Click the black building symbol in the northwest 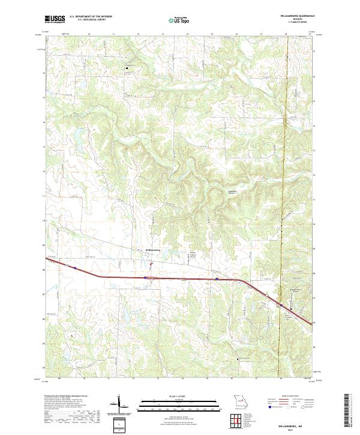click(x=127, y=68)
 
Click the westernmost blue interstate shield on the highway click(x=75, y=267)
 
